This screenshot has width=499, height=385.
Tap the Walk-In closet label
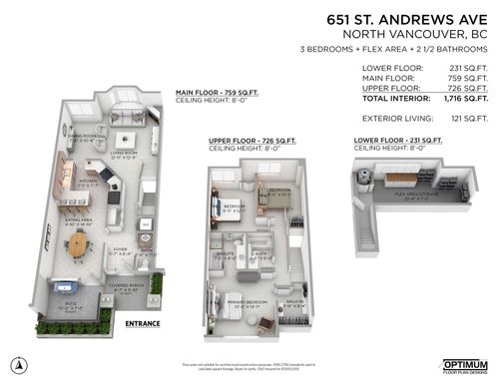point(294,301)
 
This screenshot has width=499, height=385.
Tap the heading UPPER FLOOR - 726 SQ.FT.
point(244,142)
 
